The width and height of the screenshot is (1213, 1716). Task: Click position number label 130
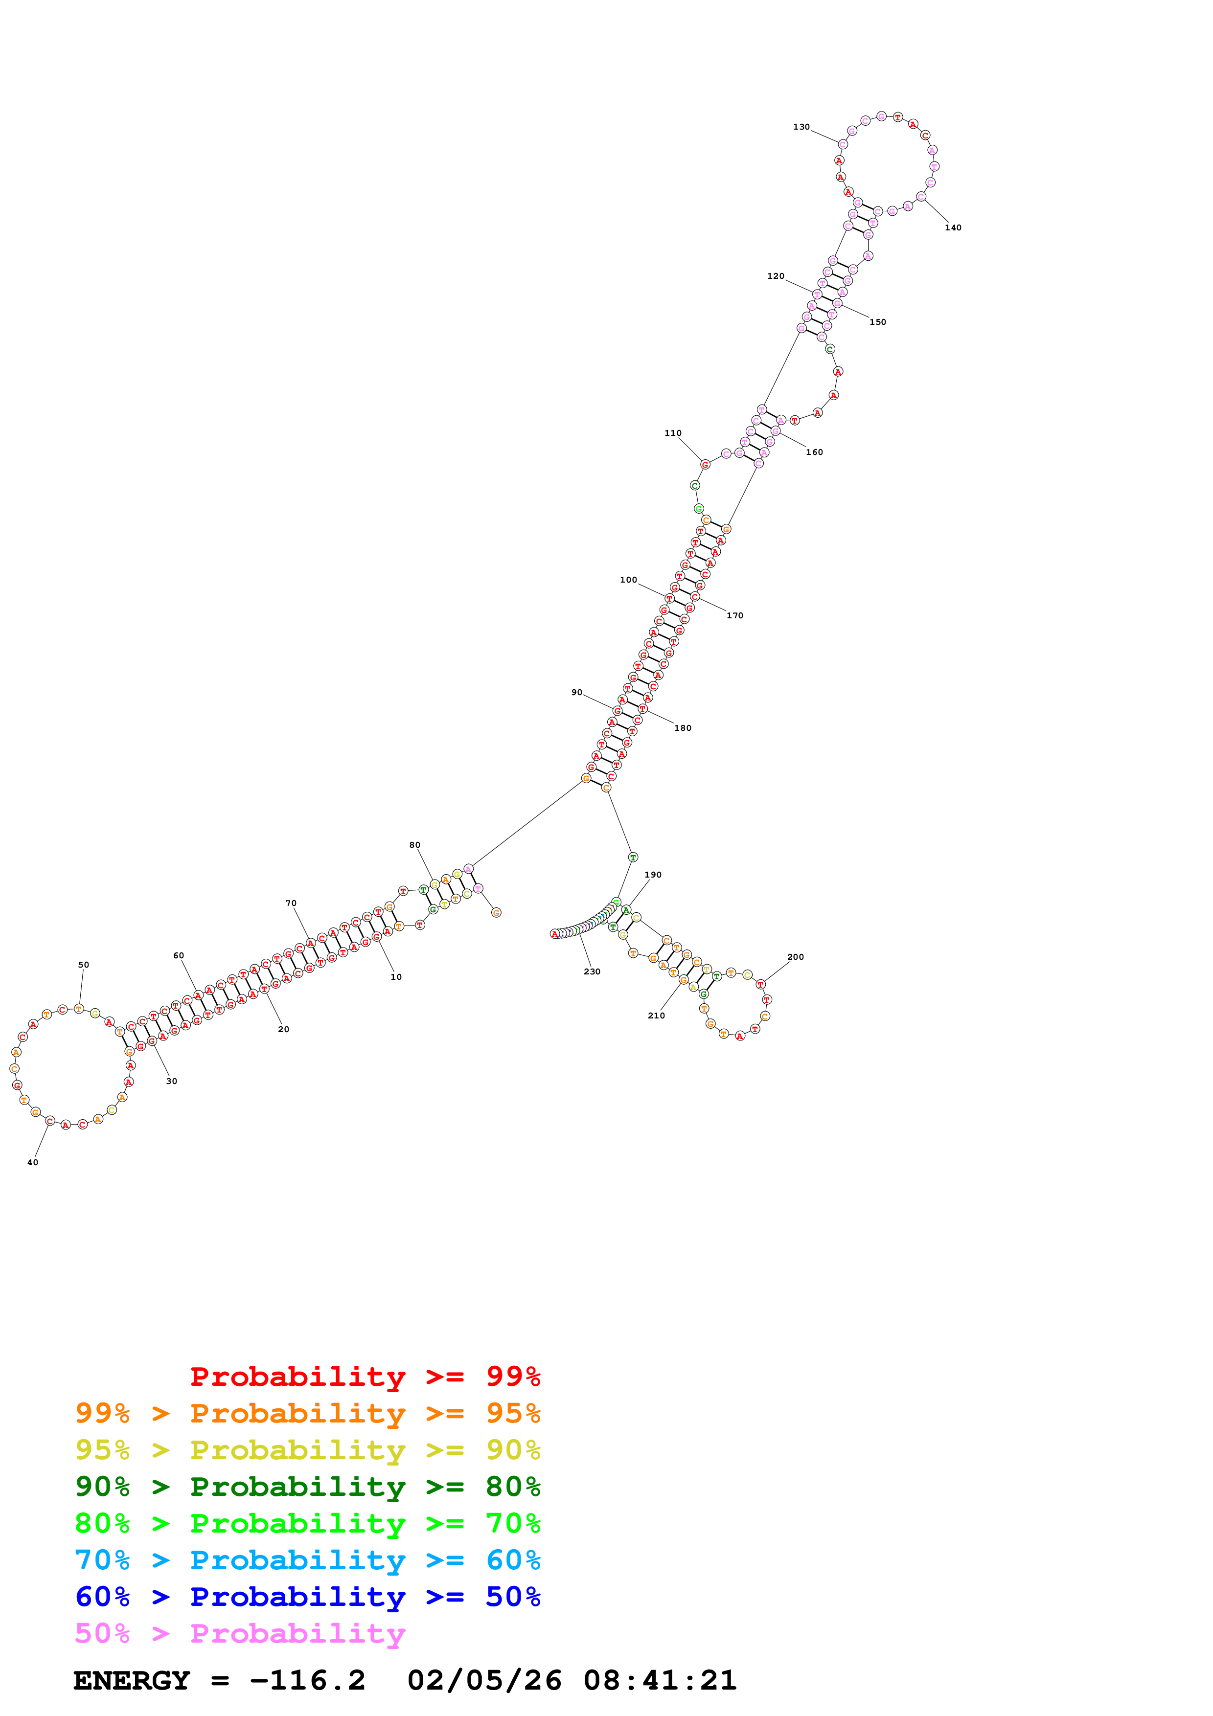pyautogui.click(x=801, y=127)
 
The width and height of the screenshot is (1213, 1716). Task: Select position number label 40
pyautogui.click(x=33, y=1162)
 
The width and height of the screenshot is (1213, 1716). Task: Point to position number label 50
pyautogui.click(x=84, y=965)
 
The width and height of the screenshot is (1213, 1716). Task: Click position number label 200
pyautogui.click(x=795, y=957)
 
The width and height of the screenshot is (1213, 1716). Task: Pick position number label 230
pyautogui.click(x=592, y=971)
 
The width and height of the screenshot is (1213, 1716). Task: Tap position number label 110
pyautogui.click(x=673, y=433)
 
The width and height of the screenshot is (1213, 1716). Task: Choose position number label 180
pyautogui.click(x=683, y=728)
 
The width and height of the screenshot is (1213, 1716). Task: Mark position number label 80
pyautogui.click(x=415, y=845)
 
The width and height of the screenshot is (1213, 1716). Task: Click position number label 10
pyautogui.click(x=396, y=977)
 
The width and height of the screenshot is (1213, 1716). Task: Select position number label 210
pyautogui.click(x=656, y=1016)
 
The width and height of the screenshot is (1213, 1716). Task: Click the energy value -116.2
pyautogui.click(x=307, y=1680)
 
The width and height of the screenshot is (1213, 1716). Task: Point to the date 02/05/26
pyautogui.click(x=484, y=1680)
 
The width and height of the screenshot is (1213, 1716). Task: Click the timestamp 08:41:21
pyautogui.click(x=660, y=1680)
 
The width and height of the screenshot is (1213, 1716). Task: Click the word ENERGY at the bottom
pyautogui.click(x=132, y=1680)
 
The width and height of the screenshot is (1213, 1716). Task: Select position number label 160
pyautogui.click(x=814, y=452)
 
